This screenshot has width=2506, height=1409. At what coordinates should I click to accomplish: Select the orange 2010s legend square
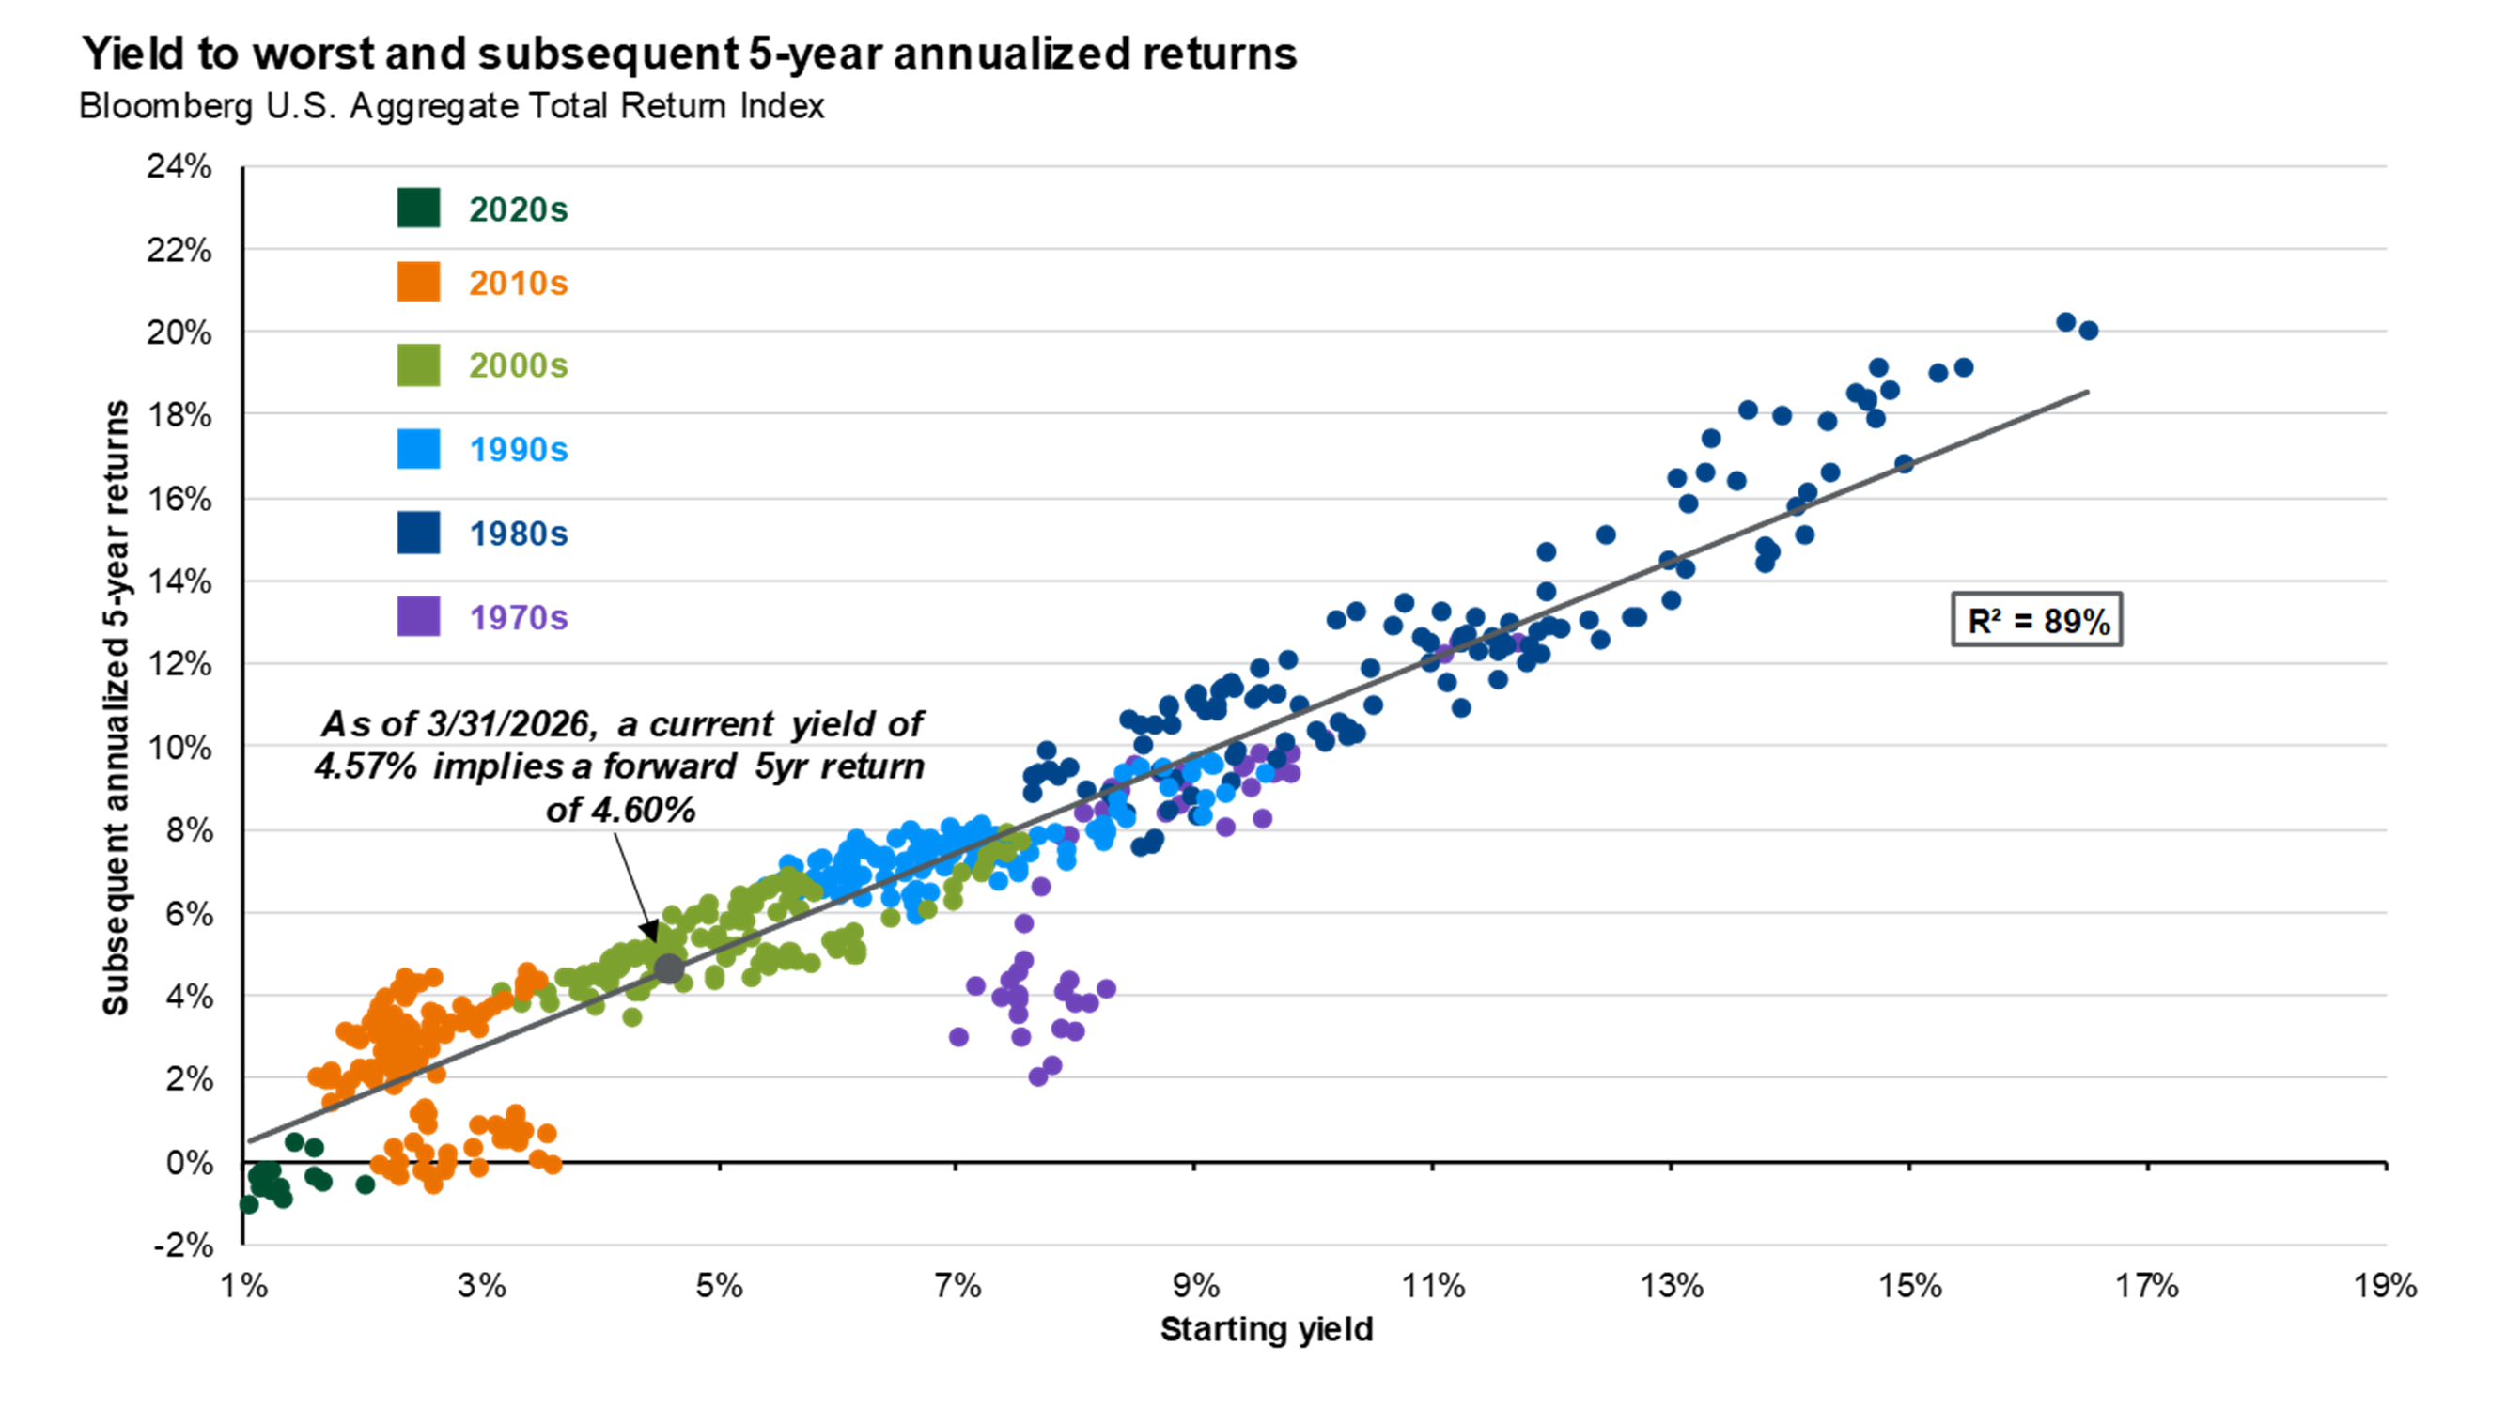(417, 282)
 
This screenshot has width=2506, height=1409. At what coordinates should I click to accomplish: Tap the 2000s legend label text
(518, 365)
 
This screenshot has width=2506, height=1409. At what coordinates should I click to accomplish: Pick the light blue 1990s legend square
(417, 449)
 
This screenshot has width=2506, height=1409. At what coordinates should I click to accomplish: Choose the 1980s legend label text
(518, 534)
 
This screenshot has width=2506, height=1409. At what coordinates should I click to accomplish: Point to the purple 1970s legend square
(417, 616)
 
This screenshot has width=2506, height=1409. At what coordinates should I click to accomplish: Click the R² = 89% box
(2036, 620)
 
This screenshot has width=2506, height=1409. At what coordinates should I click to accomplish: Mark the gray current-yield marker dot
(668, 968)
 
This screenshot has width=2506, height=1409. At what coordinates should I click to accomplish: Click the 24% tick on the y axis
(180, 167)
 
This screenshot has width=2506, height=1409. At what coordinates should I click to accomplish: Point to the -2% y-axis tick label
(182, 1246)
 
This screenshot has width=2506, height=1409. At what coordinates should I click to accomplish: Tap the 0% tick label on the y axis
(190, 1163)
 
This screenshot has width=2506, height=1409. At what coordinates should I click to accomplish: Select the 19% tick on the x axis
(2385, 1287)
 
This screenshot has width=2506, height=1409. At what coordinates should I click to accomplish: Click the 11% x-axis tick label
(1432, 1287)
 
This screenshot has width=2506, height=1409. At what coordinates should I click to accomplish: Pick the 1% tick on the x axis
(243, 1287)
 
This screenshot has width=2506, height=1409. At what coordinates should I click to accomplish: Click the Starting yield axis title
(1266, 1329)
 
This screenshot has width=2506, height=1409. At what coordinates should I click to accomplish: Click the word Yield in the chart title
(133, 54)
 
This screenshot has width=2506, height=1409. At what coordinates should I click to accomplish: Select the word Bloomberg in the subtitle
(165, 106)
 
